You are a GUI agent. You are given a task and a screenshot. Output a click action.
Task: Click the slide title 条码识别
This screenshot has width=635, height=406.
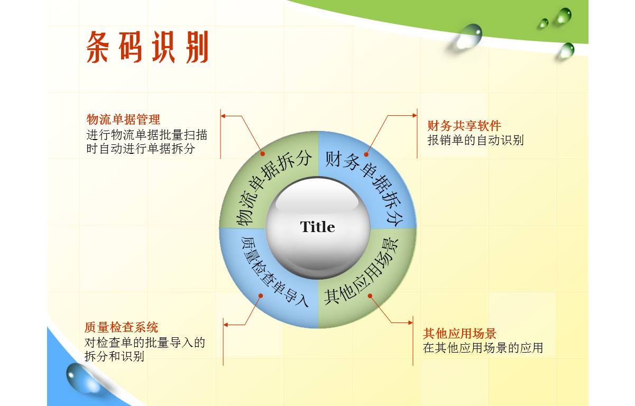coord(148,47)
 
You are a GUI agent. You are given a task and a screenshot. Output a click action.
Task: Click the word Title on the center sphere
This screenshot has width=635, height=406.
coord(317,227)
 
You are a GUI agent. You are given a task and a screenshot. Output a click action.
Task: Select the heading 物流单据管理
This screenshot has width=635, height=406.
coord(123,119)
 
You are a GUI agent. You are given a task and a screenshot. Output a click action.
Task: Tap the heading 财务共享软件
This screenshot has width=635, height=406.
coord(464,126)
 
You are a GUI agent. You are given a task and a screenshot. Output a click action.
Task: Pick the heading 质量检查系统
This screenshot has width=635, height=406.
coord(121,327)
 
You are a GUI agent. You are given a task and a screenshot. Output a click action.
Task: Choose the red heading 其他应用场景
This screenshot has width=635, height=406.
coord(459,334)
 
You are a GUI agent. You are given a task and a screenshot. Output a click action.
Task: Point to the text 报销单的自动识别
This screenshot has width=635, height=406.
coord(475,140)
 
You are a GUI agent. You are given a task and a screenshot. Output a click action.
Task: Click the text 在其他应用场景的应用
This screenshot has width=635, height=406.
coord(483,348)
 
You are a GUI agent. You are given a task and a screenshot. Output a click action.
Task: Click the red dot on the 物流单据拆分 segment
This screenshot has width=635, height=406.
coord(263,154)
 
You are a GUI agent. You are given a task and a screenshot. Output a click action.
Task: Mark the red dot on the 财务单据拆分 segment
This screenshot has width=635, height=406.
coord(366,154)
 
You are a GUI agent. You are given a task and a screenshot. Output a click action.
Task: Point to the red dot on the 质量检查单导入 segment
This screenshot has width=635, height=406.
coord(261,296)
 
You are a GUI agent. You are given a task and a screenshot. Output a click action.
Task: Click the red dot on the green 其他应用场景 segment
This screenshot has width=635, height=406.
coord(370,296)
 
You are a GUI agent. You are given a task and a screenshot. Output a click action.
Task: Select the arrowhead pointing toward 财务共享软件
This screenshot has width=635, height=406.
coord(415,115)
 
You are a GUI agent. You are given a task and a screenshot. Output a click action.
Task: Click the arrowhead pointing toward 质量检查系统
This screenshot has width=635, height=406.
coord(226,325)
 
